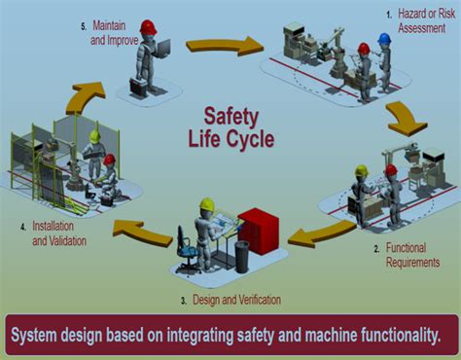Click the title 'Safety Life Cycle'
point(231,127)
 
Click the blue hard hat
point(384,38)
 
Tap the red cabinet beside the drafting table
point(259,231)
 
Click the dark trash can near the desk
point(242,257)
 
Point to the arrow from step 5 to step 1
point(225,45)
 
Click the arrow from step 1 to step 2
point(406,119)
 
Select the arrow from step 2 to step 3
point(321,234)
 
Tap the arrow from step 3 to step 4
point(143,232)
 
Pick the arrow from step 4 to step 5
point(85,97)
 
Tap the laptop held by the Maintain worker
point(162,50)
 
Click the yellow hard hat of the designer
point(207,204)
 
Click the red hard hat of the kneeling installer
point(110,159)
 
